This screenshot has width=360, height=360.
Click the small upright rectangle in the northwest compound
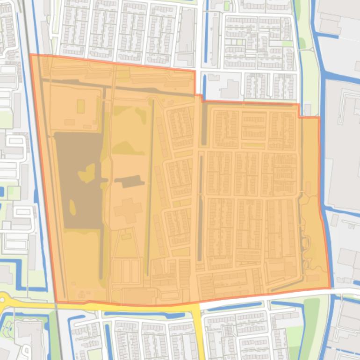coord(81,106)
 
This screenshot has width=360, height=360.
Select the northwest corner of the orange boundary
coord(31,55)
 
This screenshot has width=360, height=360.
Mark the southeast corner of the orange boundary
coord(330,288)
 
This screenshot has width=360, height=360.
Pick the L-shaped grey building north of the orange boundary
coord(230,88)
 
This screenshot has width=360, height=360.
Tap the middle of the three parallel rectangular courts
coord(126,271)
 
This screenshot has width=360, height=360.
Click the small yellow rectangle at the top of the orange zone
coord(123,74)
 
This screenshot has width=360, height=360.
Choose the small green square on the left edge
coord(14,193)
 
